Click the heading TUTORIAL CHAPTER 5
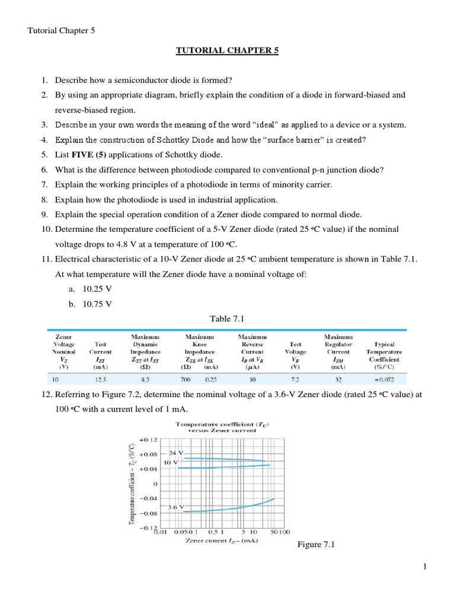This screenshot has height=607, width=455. pos(227,50)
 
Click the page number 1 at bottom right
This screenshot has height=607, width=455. pos(425,567)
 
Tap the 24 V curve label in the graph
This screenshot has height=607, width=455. pos(177,453)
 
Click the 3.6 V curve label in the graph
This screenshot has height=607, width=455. pos(177,507)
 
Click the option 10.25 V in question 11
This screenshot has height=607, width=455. pos(97,289)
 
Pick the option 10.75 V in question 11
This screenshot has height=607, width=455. pos(97,303)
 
